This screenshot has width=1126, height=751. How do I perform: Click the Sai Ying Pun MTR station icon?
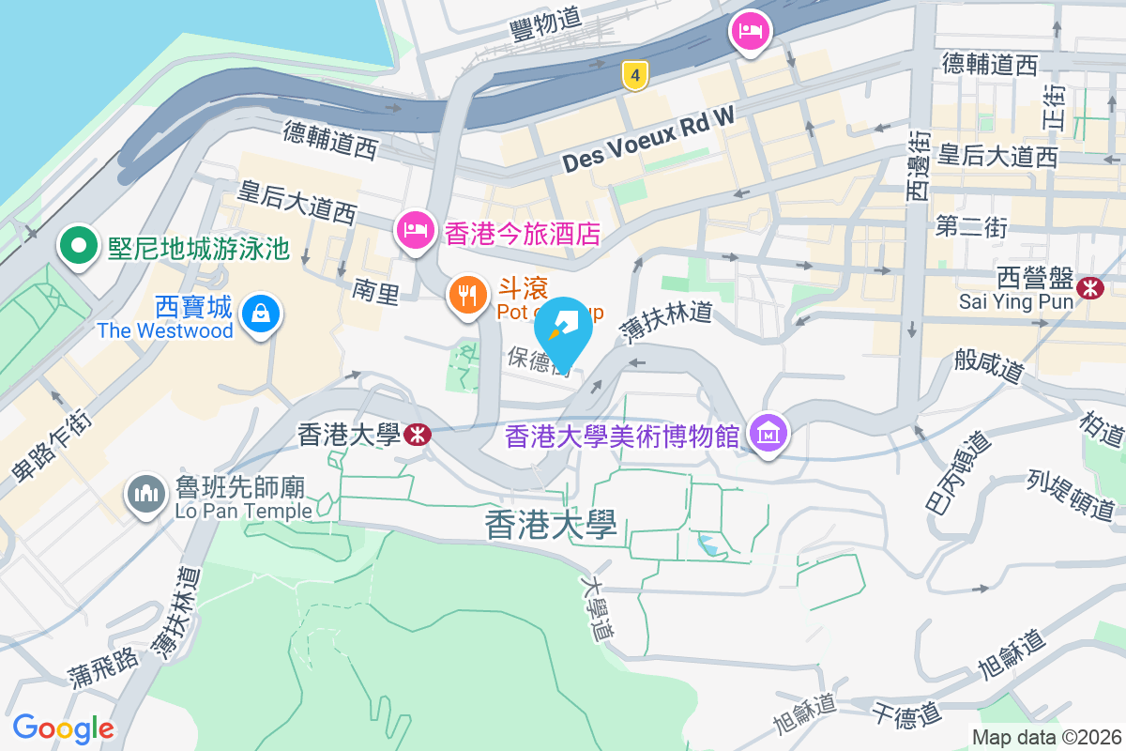click(1090, 288)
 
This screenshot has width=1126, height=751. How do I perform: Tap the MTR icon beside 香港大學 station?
click(416, 434)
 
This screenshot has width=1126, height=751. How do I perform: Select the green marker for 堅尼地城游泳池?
click(79, 246)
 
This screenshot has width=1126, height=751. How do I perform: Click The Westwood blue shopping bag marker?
click(257, 313)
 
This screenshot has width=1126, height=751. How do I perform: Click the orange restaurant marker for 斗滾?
click(467, 296)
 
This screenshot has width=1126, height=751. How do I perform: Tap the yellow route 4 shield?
click(635, 76)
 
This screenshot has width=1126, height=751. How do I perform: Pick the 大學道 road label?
click(597, 607)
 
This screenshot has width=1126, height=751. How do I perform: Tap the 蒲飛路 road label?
click(102, 667)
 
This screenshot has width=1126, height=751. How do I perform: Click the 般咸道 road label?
click(988, 363)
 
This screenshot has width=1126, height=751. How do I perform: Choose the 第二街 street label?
click(971, 227)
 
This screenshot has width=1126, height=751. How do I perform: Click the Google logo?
click(63, 728)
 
